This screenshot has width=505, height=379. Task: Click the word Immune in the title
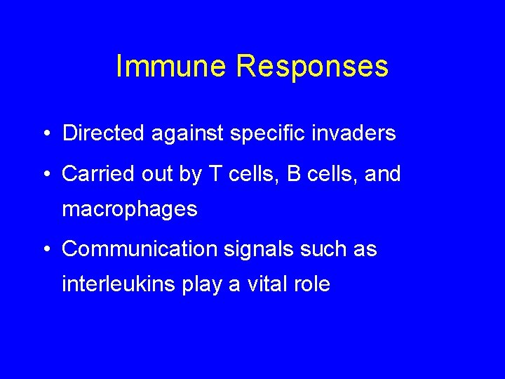click(171, 67)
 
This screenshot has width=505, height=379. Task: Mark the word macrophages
click(130, 210)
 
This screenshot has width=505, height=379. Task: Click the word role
click(314, 285)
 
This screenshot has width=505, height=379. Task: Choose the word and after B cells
click(382, 173)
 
